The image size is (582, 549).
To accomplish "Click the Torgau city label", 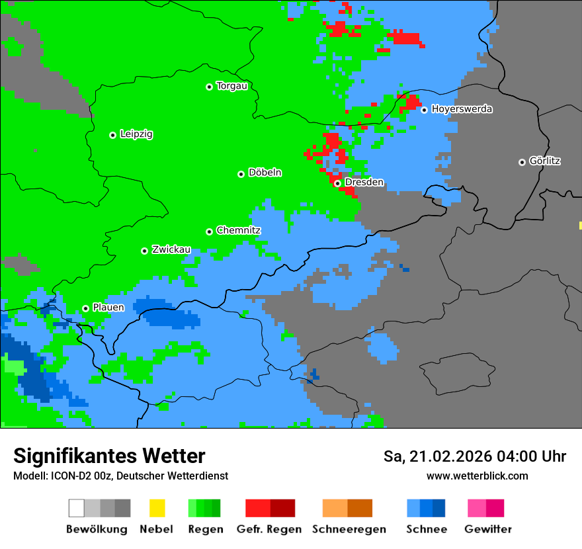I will pyautogui.click(x=231, y=86).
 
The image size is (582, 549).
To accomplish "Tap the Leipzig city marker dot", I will pyautogui.click(x=112, y=135).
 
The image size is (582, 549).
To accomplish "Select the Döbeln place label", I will pyautogui.click(x=265, y=173).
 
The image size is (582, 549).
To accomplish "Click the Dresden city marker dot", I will pyautogui.click(x=337, y=183).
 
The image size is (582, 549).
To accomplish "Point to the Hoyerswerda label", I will pyautogui.click(x=462, y=109).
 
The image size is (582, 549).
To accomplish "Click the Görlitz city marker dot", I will pyautogui.click(x=522, y=162).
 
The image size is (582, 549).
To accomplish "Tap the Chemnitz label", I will pyautogui.click(x=238, y=230).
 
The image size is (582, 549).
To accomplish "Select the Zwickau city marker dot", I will pyautogui.click(x=144, y=251).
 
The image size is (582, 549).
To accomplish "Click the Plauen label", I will pyautogui.click(x=108, y=308).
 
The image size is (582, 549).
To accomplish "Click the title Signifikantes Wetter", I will pyautogui.click(x=109, y=456).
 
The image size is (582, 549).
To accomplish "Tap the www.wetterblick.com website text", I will pyautogui.click(x=477, y=476).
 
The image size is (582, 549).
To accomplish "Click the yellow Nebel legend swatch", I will pyautogui.click(x=157, y=508).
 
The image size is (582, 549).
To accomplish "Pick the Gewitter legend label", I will pyautogui.click(x=488, y=529).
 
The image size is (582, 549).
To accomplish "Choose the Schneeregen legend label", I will pyautogui.click(x=349, y=529).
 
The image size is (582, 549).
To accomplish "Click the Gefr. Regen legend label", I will pyautogui.click(x=269, y=529).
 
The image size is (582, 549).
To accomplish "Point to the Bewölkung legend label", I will pyautogui.click(x=97, y=529).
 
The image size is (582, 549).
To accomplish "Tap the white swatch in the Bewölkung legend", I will pyautogui.click(x=76, y=508).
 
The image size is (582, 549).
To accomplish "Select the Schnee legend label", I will pyautogui.click(x=427, y=529).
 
